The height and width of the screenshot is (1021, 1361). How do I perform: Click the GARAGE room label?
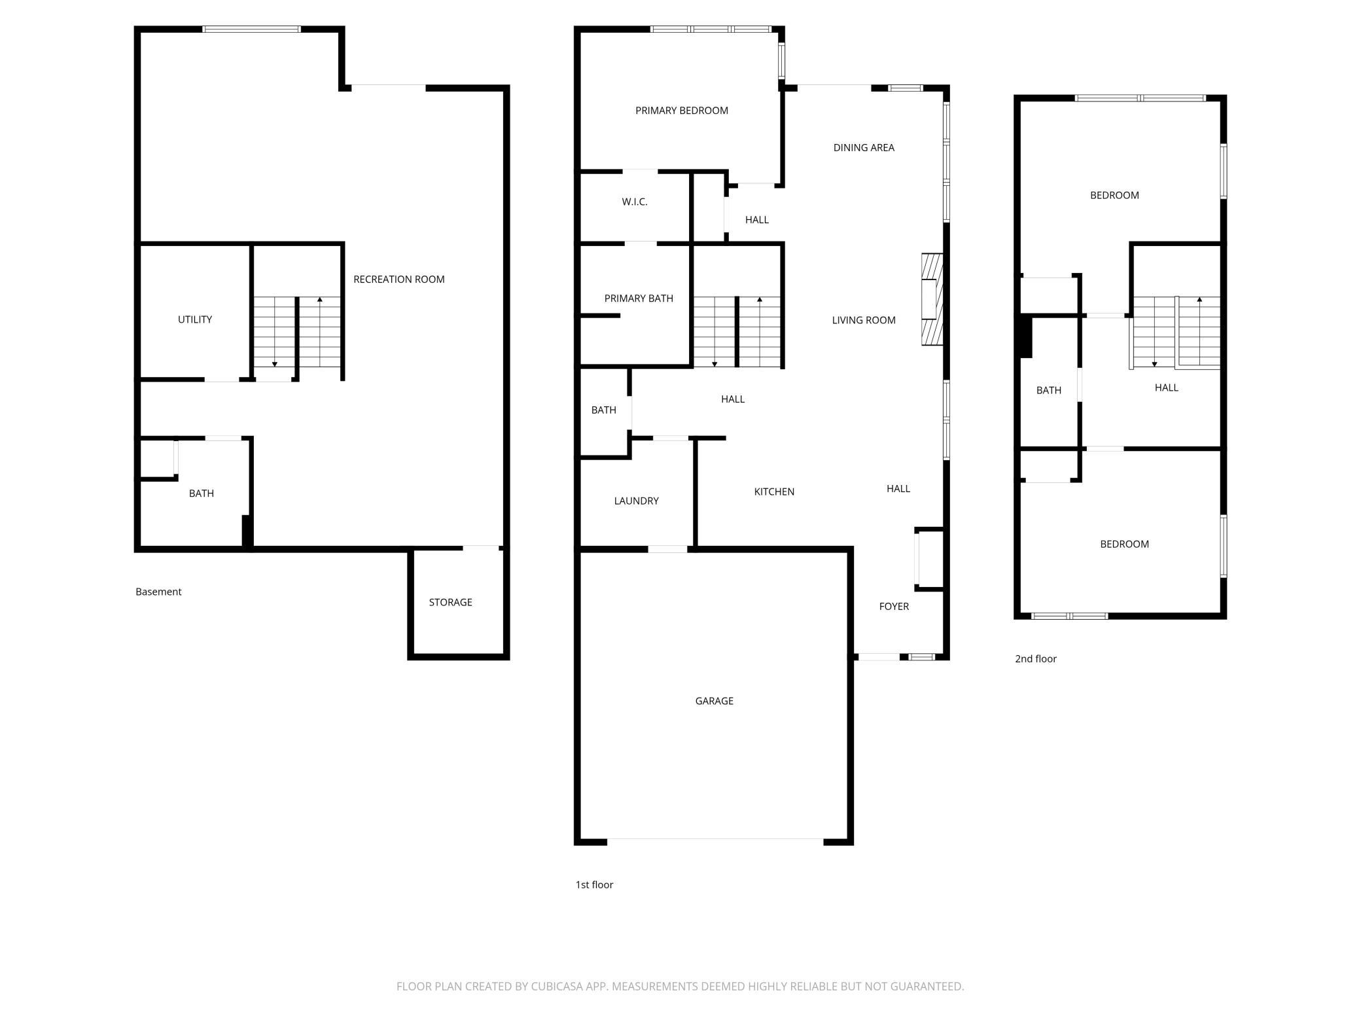click(714, 701)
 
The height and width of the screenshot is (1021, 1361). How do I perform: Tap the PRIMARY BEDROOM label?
click(682, 111)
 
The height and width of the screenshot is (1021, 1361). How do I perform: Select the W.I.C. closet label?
click(635, 202)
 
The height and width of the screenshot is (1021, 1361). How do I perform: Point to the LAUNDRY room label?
click(636, 501)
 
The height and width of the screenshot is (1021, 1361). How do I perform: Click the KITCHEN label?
click(774, 492)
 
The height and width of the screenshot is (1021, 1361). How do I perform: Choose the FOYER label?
click(894, 606)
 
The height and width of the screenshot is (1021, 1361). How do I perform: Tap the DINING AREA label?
click(864, 148)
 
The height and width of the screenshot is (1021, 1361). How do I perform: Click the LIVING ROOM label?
click(864, 320)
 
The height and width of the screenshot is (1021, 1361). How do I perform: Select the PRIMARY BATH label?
click(639, 298)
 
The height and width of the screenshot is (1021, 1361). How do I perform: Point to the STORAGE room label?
click(450, 602)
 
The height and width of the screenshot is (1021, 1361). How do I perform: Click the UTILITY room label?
click(195, 319)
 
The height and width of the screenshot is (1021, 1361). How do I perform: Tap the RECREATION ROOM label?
click(399, 279)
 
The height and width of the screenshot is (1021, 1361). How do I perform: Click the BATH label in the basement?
click(202, 493)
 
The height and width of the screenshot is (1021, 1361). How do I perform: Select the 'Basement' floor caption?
click(158, 592)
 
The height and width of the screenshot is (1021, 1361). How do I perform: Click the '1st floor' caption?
click(594, 885)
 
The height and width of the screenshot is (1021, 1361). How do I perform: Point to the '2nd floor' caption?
click(1036, 659)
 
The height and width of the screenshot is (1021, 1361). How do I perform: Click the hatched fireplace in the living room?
click(932, 299)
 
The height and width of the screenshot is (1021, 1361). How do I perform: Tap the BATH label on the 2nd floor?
click(1049, 390)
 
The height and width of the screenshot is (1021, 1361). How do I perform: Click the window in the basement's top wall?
click(251, 29)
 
